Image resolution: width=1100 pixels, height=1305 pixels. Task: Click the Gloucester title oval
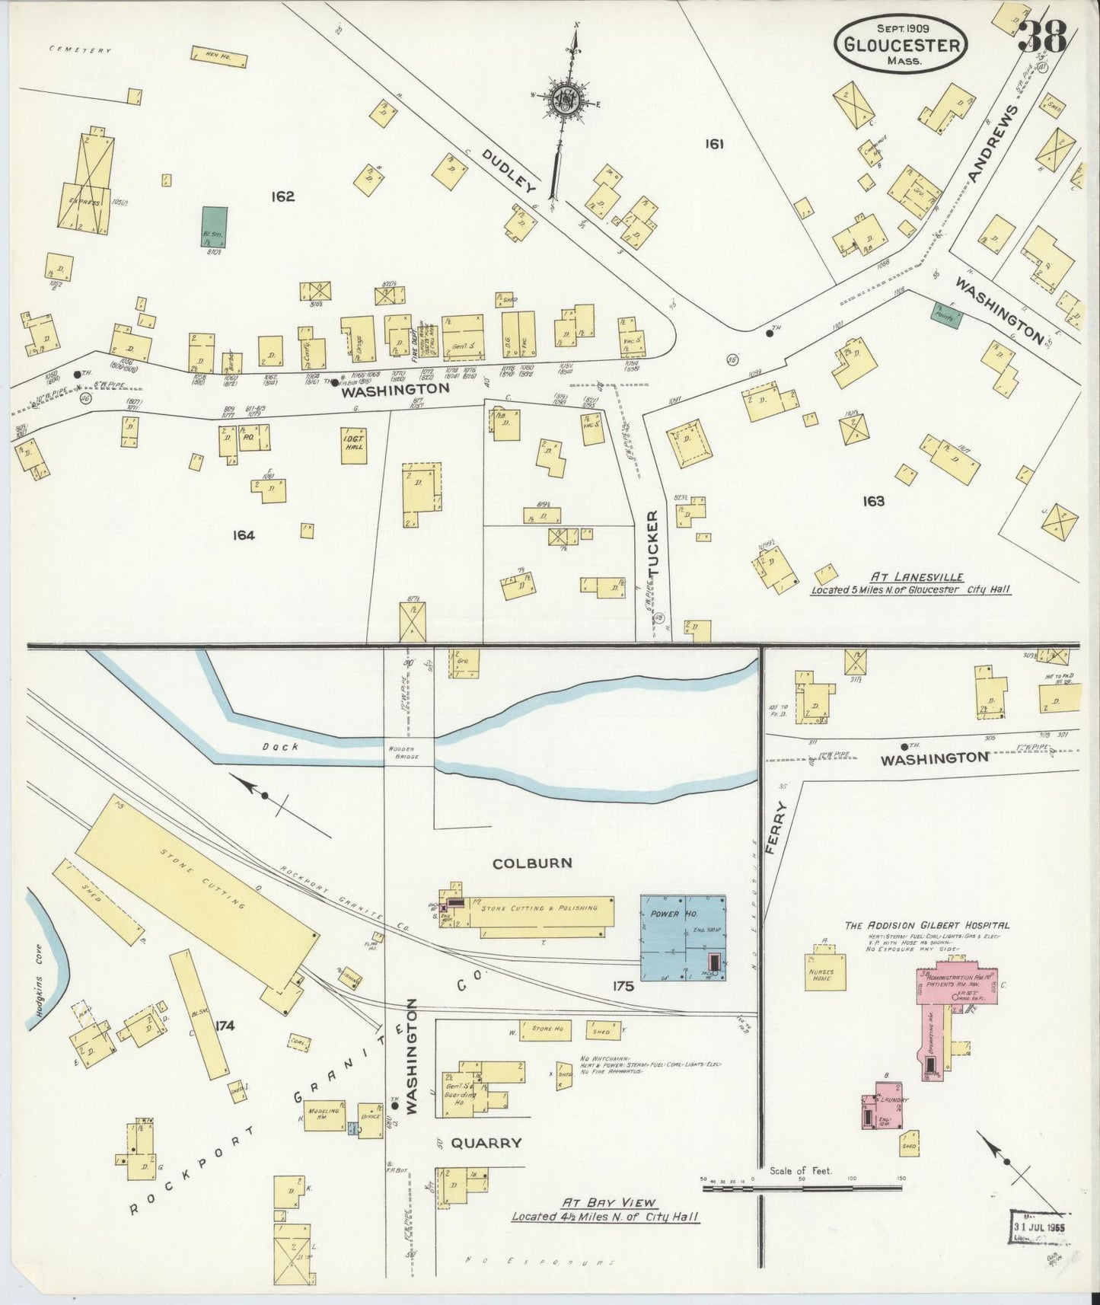pyautogui.click(x=901, y=44)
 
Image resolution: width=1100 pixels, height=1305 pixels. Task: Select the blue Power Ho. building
pyautogui.click(x=682, y=936)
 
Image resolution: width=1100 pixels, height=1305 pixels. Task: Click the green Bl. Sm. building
pyautogui.click(x=214, y=226)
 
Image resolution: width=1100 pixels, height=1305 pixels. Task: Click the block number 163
pyautogui.click(x=873, y=501)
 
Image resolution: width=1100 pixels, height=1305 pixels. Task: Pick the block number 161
pyautogui.click(x=713, y=143)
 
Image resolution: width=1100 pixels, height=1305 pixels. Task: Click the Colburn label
pyautogui.click(x=521, y=863)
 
